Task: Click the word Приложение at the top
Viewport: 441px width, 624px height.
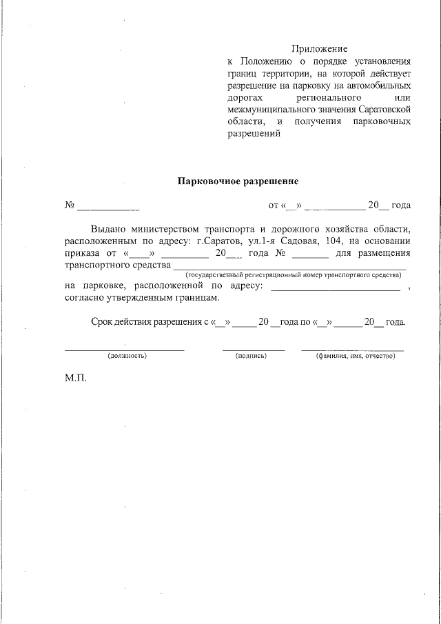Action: [x=319, y=49]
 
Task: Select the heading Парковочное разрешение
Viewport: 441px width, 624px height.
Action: [x=238, y=181]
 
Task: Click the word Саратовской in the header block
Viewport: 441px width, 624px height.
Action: [x=386, y=110]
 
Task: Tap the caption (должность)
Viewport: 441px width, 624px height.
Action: [x=127, y=356]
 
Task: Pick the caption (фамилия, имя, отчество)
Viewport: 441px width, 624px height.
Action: [x=354, y=356]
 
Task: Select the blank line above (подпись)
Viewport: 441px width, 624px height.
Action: [x=253, y=349]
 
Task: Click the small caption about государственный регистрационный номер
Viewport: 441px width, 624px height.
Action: [x=289, y=275]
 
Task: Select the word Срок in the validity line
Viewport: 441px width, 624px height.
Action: [x=103, y=322]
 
